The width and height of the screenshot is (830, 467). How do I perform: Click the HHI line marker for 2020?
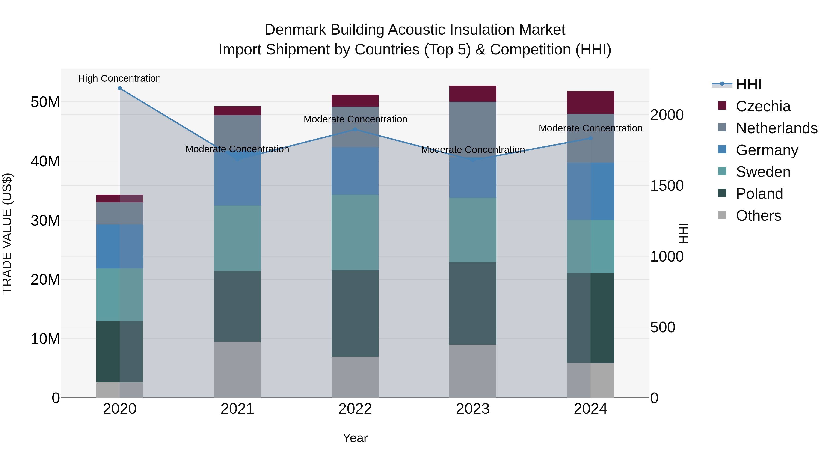point(119,88)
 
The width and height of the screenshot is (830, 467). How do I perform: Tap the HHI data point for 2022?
point(355,130)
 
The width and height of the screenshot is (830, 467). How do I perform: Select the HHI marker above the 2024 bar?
point(591,138)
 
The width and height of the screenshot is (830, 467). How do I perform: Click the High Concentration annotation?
point(119,79)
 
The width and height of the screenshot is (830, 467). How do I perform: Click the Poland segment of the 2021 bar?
point(237,306)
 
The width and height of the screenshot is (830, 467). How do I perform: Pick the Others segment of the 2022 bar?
point(355,377)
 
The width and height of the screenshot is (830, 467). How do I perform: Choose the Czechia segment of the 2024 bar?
point(591,102)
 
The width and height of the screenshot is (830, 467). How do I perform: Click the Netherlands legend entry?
point(777,128)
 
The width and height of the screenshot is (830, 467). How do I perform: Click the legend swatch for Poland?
point(722,193)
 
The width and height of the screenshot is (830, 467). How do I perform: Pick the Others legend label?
point(759,216)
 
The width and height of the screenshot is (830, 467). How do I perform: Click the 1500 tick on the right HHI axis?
point(667,186)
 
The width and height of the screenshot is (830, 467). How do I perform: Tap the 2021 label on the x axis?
point(237,409)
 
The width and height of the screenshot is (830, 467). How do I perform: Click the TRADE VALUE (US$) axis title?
point(7,233)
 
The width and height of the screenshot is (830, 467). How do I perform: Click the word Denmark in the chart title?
point(296,30)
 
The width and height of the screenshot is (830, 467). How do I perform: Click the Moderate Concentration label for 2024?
point(591,128)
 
